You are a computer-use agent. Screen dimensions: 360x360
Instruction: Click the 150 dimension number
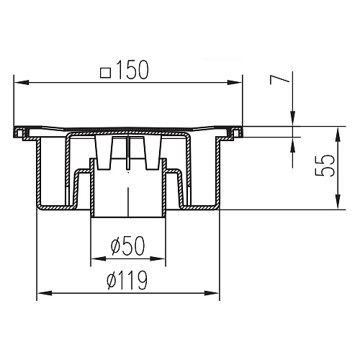132,70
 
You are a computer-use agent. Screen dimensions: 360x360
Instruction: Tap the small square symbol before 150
106,73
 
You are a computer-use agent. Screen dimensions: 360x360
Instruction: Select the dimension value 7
279,80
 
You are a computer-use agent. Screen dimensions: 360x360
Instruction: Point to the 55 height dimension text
325,166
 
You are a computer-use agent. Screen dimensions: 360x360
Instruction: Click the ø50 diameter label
128,246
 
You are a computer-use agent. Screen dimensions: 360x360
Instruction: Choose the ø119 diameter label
127,280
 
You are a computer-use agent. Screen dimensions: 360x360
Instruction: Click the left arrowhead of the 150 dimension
22,83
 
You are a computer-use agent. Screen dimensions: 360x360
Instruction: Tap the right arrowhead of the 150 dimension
235,83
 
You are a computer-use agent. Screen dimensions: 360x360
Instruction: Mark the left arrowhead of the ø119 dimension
45,293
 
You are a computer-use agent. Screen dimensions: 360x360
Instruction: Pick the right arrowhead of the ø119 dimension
212,293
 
